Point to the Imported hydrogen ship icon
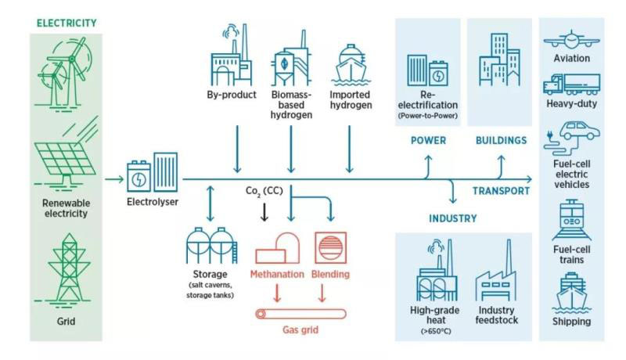tap(348, 70)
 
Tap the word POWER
tap(427, 141)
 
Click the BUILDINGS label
tap(500, 141)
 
